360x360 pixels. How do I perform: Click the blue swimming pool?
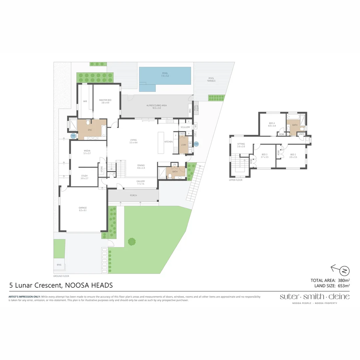pos(165,76)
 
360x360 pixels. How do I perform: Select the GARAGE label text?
pos(83,208)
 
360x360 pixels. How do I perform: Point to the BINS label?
pos(59,265)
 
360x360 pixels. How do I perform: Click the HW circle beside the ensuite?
pos(73,136)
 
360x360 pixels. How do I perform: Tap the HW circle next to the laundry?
pos(196,144)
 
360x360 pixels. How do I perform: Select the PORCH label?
pos(133,195)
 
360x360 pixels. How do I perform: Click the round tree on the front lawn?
pos(132,241)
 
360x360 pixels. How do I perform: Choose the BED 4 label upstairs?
pos(272,123)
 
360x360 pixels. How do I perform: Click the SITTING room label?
pos(241,144)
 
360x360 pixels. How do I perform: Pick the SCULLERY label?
pos(185,127)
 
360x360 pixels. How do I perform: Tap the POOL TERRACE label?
pos(211,79)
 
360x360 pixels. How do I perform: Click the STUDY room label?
pos(84,175)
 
